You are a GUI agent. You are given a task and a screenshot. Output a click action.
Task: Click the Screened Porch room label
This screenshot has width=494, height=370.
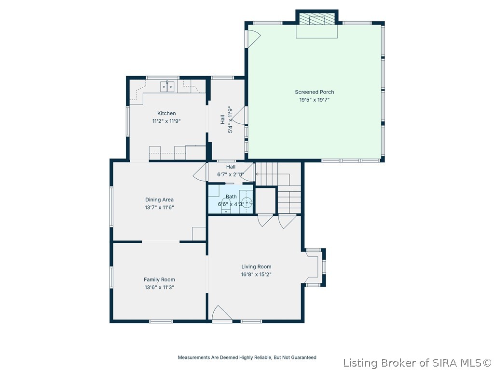314,92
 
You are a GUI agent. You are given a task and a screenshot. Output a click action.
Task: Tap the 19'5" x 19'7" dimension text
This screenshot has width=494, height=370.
314,100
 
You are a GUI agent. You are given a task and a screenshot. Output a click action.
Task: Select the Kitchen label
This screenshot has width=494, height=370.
166,113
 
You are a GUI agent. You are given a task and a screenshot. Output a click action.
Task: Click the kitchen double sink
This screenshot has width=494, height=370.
167,86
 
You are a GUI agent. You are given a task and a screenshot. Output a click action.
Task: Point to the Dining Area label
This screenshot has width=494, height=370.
159,199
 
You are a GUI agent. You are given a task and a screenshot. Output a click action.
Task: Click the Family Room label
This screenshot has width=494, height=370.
159,279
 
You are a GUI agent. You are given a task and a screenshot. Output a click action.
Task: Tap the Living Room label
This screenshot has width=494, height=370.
256,266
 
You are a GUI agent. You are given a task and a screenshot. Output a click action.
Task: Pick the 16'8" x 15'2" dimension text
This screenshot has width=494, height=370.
256,274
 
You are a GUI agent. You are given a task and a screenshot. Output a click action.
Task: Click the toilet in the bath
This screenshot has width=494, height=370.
226,205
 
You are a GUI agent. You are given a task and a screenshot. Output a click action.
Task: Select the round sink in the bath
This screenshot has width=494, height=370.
247,202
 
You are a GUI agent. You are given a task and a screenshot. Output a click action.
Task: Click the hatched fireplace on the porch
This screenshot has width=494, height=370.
316,19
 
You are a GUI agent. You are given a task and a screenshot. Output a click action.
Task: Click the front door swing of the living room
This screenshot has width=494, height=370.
222,314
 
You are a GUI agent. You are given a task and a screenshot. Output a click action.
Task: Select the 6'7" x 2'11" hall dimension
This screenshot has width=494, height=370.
231,174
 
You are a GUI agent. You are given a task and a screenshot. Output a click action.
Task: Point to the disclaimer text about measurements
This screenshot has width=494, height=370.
247,357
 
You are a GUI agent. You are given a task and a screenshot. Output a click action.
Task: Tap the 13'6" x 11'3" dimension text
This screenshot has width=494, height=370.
159,287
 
